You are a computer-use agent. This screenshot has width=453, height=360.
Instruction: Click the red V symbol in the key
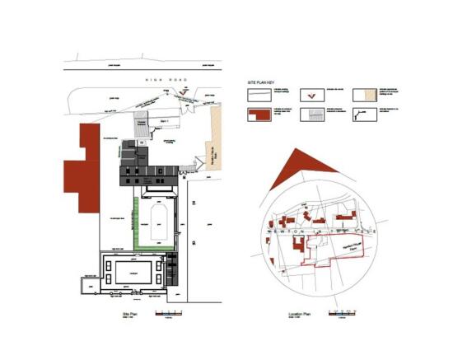309,95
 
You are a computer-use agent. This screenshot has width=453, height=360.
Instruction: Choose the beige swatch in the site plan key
363,95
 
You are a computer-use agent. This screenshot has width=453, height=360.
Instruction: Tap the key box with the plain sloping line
259,95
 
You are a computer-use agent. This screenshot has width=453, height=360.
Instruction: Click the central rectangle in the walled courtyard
131,271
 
